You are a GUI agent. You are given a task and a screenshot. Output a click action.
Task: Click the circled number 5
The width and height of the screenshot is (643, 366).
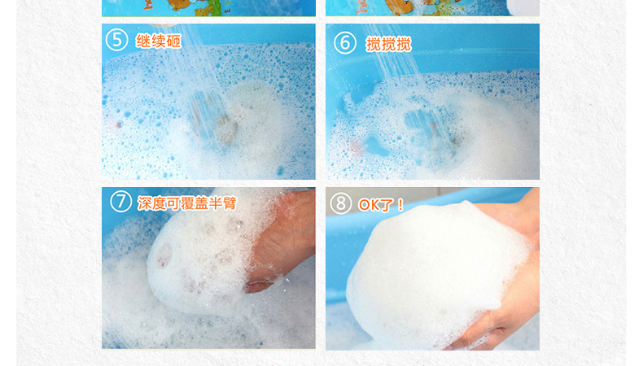(x=117, y=40)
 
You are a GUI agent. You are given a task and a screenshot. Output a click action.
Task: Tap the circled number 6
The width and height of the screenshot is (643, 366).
(x=345, y=43)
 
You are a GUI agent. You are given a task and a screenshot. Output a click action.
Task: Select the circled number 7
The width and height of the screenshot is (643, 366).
(x=121, y=202)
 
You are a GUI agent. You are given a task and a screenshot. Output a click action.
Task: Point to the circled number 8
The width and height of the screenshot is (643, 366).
(x=341, y=203)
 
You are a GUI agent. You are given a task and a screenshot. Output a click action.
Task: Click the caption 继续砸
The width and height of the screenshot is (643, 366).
(x=158, y=41)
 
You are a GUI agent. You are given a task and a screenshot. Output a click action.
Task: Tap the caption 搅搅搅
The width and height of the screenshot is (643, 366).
(x=388, y=44)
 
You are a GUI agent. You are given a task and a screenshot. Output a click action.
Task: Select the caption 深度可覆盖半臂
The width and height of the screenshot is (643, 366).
(x=187, y=203)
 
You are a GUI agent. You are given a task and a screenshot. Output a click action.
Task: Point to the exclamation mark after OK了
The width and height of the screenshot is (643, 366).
(x=400, y=205)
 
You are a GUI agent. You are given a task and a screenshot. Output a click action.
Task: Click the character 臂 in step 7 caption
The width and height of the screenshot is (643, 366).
(x=230, y=203)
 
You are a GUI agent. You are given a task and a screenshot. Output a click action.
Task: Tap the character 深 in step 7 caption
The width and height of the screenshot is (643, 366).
(x=144, y=203)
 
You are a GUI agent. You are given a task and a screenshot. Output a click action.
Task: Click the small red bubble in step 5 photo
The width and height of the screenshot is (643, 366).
(x=120, y=124)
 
